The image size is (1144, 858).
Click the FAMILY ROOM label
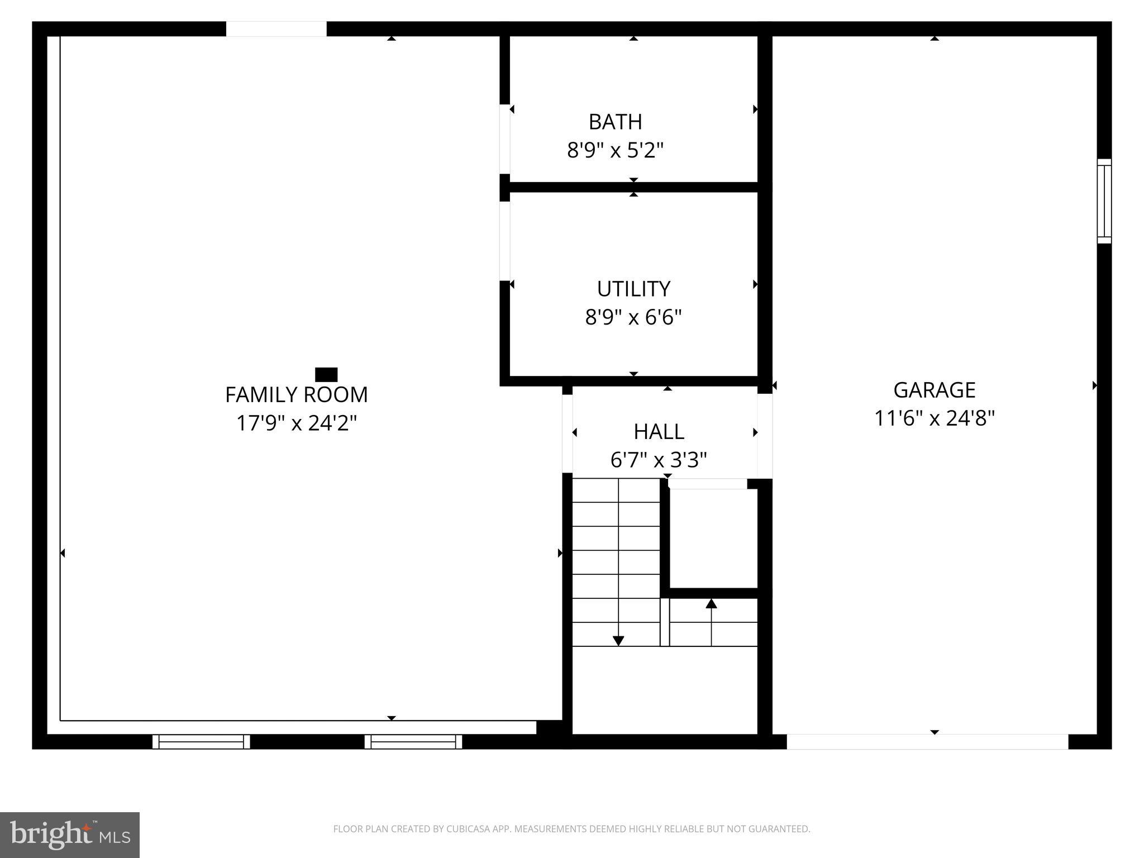point(296,395)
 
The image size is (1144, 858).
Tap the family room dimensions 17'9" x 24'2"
point(296,423)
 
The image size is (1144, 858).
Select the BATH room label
point(615,122)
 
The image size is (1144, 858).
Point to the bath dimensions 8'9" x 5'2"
point(615,150)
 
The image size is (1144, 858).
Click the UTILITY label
point(633,289)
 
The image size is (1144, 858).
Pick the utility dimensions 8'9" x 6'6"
point(633,317)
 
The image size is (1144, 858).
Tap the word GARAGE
point(934,390)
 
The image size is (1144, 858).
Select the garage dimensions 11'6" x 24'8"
point(934,418)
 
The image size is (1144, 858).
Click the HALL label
point(659,432)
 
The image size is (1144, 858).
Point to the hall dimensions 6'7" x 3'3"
point(659,460)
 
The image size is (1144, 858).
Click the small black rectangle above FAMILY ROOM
point(326,374)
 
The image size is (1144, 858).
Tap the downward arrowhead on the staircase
point(618,641)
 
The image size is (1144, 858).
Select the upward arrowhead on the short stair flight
point(711,604)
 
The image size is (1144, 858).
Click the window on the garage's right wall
point(1104,201)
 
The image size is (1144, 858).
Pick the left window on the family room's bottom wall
point(201,742)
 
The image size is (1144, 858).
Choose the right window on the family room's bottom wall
point(413,742)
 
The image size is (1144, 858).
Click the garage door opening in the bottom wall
point(927,742)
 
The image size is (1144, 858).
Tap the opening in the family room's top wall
point(276,29)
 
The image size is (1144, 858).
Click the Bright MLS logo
point(70,835)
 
